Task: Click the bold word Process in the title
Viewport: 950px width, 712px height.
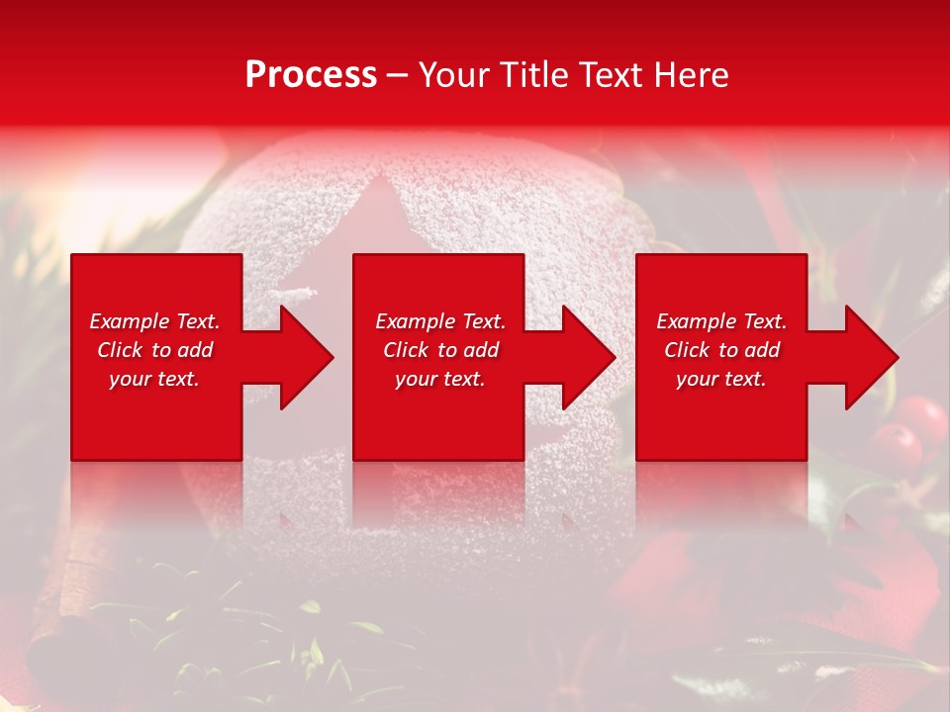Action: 311,75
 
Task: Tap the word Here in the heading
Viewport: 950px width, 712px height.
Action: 690,75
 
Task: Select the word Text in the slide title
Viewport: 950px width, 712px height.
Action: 613,75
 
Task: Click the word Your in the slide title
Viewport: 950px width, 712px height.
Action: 456,75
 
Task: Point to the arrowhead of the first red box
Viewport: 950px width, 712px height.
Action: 307,357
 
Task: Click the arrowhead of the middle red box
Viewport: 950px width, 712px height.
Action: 590,357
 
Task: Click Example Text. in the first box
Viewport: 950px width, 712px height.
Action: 154,321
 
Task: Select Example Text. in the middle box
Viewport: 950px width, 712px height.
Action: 440,321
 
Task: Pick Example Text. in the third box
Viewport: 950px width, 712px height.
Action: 721,321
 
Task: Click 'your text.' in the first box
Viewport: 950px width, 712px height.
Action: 154,379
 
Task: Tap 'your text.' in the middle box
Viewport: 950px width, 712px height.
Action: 440,379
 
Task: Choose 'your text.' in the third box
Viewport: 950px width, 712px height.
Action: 721,379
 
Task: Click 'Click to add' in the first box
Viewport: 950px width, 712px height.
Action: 154,350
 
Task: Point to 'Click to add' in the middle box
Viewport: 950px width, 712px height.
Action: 440,350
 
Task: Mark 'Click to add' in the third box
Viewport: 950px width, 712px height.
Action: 721,350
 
